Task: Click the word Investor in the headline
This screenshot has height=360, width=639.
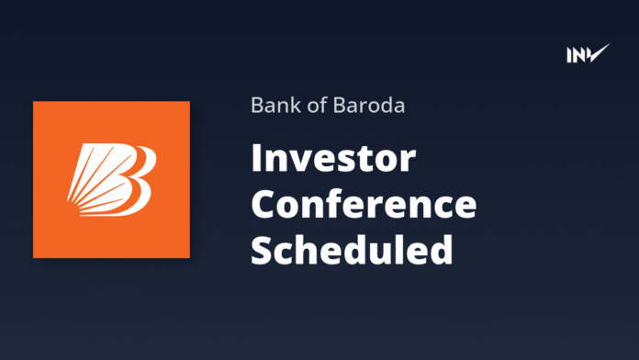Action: (x=333, y=162)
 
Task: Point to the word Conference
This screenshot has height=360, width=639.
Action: (x=364, y=205)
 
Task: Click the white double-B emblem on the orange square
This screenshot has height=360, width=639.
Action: (x=111, y=179)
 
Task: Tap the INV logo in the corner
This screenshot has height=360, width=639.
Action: (x=588, y=54)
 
